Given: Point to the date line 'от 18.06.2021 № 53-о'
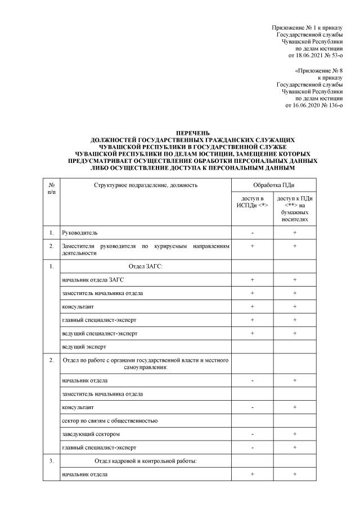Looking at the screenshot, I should (314, 56).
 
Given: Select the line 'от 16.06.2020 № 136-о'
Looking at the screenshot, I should (314, 105).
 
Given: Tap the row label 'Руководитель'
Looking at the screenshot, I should (83, 232).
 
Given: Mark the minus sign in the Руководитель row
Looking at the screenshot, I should (253, 232).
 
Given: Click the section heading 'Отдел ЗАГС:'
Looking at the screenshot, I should (146, 266).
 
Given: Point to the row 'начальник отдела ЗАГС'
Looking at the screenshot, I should (92, 280).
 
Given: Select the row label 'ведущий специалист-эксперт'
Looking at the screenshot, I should (98, 334).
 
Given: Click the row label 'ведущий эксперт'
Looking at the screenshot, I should (84, 347).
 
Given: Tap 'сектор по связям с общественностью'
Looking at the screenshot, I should (110, 420).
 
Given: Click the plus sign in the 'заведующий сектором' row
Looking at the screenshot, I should (294, 434).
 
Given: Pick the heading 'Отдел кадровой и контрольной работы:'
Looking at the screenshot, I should (146, 461).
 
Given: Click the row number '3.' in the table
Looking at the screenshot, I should (52, 461).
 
